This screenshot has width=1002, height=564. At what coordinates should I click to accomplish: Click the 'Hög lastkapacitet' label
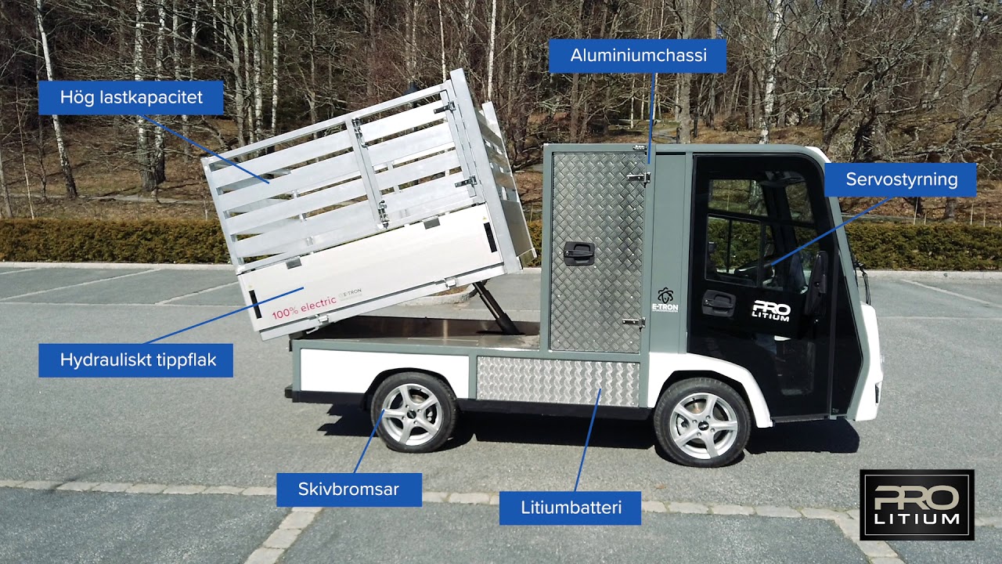(131, 98)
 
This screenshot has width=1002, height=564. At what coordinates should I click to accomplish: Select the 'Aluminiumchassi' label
(637, 56)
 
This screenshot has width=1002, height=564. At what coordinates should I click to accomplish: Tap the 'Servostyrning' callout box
(900, 179)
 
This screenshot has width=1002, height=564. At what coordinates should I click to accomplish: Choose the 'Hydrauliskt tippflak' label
(136, 360)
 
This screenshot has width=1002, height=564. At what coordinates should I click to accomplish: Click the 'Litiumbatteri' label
(571, 508)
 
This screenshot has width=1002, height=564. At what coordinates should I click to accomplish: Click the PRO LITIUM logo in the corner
(917, 504)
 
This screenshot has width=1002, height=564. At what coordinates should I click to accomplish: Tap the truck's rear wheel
(413, 413)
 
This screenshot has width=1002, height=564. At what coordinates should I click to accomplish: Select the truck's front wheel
(702, 424)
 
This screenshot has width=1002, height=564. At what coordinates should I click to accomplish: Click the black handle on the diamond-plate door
(578, 252)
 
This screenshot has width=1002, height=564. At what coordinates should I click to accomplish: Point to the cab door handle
(718, 302)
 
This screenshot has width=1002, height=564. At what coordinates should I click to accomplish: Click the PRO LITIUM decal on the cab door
(771, 311)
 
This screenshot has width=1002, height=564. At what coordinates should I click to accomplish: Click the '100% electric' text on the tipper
(304, 308)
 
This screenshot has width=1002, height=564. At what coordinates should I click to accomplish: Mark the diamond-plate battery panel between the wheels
(557, 381)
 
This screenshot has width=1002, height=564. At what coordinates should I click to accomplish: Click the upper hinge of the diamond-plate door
(638, 178)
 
